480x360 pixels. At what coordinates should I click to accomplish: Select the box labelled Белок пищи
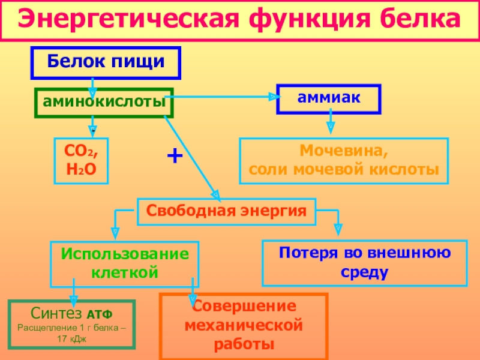pos(106,63)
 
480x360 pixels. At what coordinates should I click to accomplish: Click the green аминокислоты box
pos(104,103)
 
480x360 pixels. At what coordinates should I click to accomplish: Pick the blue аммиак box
pos(329,98)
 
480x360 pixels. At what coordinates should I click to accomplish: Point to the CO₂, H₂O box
pos(82,160)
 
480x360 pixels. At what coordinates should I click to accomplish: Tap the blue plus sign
pos(175,157)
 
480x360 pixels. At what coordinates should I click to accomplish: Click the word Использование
pos(125,254)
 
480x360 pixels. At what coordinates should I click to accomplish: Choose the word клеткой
pos(125,273)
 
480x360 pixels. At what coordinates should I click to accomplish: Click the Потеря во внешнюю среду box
pos(365,263)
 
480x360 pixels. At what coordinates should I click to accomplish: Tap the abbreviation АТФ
pos(100,314)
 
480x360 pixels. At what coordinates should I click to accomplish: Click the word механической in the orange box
pos(243,326)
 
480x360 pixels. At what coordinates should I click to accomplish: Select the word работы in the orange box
pos(243,345)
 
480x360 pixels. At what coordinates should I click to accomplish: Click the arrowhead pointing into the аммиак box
pos(272,95)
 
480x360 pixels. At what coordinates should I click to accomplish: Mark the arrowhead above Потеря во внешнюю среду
pos(338,229)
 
